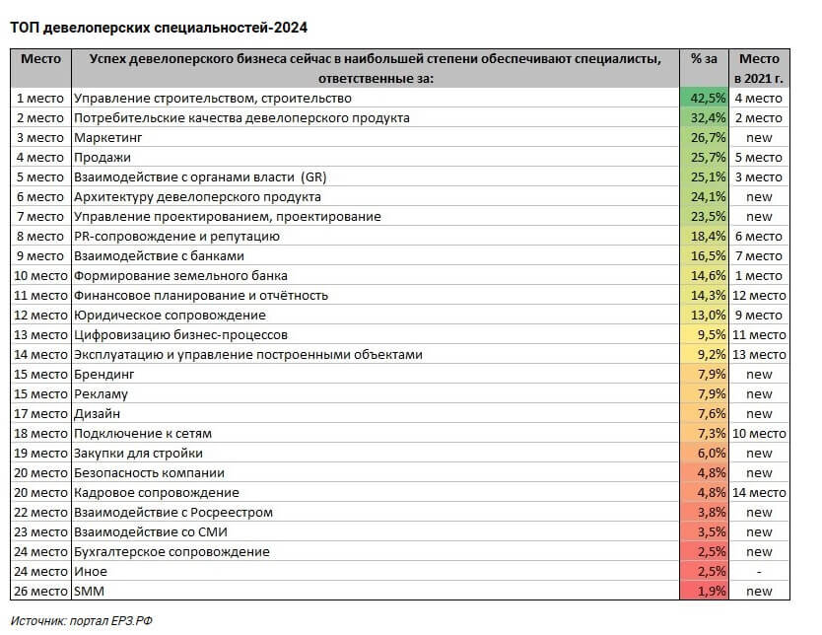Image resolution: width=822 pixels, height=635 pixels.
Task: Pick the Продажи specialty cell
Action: tap(103, 157)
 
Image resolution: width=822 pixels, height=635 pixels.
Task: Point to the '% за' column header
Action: tap(704, 59)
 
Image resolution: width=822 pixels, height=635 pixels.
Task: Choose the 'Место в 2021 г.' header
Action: tap(759, 68)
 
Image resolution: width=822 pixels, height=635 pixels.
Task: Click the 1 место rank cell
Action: tap(40, 98)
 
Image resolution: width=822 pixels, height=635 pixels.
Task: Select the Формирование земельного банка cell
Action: tap(180, 275)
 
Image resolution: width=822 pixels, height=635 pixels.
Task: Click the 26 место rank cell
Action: tap(40, 591)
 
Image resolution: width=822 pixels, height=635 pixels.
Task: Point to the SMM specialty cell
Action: tap(89, 591)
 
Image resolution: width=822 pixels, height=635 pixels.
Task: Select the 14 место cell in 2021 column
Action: tap(759, 492)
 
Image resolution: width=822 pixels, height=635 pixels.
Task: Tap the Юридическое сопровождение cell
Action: tap(170, 315)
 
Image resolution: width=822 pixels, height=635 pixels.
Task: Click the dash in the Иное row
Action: tap(759, 571)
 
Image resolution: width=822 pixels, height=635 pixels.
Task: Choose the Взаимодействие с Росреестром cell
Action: tap(172, 512)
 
